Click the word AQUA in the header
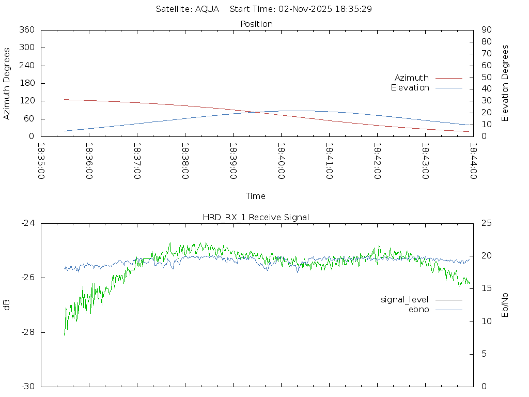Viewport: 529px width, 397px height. pos(207,9)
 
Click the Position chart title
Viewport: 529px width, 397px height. pos(257,24)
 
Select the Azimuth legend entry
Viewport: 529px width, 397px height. pos(412,78)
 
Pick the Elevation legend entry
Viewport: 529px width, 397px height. pos(410,88)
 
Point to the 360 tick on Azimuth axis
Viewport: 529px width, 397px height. pos(26,30)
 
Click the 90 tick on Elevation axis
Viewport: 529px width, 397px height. pos(486,30)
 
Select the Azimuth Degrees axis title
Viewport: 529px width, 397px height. pos(7,83)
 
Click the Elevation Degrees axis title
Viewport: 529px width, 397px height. pos(505,83)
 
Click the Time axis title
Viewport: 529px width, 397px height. pos(256,196)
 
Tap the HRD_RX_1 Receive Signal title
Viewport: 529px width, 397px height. pos(256,217)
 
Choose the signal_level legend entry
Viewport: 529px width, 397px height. pos(404,300)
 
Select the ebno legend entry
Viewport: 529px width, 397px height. pos(418,310)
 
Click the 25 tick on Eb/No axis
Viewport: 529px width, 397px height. pos(486,223)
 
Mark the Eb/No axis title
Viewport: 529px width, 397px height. pos(505,305)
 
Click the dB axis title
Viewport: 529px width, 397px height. pos(7,305)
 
